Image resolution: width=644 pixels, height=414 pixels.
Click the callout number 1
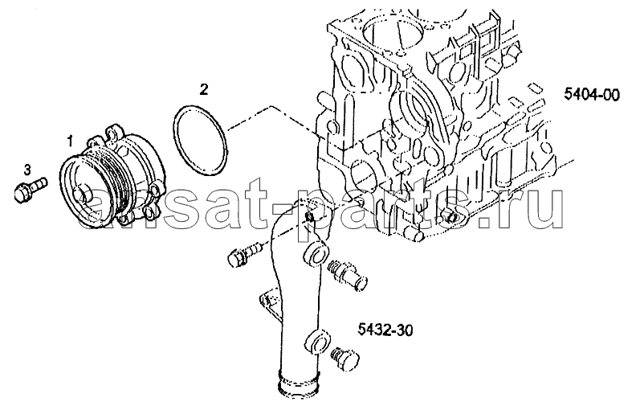click(70, 141)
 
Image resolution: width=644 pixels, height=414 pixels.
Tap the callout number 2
click(204, 89)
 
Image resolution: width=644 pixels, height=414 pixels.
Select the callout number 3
click(27, 169)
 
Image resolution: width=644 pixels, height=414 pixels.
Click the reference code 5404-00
click(592, 95)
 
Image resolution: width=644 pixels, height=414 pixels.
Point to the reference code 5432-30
click(385, 330)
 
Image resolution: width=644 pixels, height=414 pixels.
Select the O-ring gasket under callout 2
click(200, 140)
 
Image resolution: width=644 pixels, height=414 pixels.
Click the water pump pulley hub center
click(83, 194)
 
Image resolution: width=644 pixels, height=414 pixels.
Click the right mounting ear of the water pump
click(156, 189)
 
